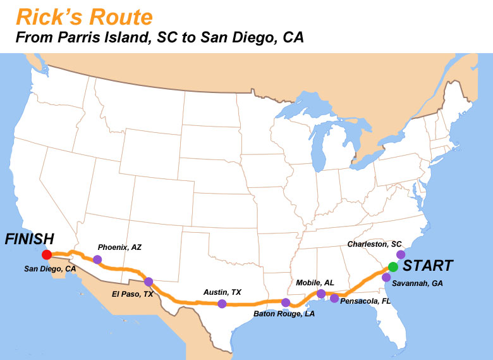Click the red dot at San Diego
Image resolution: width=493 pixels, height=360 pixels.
(46, 255)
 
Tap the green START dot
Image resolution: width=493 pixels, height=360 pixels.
(393, 267)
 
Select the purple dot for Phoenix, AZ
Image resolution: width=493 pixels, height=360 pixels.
(97, 259)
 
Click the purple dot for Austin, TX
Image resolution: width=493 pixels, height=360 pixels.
(222, 304)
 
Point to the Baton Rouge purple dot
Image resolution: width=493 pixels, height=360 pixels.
(286, 302)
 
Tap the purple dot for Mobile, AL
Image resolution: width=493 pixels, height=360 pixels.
(321, 294)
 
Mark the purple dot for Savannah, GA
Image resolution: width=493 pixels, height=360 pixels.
(386, 277)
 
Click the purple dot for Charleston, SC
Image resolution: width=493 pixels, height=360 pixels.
(401, 254)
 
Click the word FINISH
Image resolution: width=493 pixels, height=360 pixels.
(29, 239)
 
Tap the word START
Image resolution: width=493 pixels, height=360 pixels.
(428, 266)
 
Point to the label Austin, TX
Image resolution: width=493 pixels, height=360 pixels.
(222, 292)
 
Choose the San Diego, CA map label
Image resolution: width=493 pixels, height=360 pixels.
(50, 269)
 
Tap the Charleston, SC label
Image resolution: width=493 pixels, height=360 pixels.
(375, 244)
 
